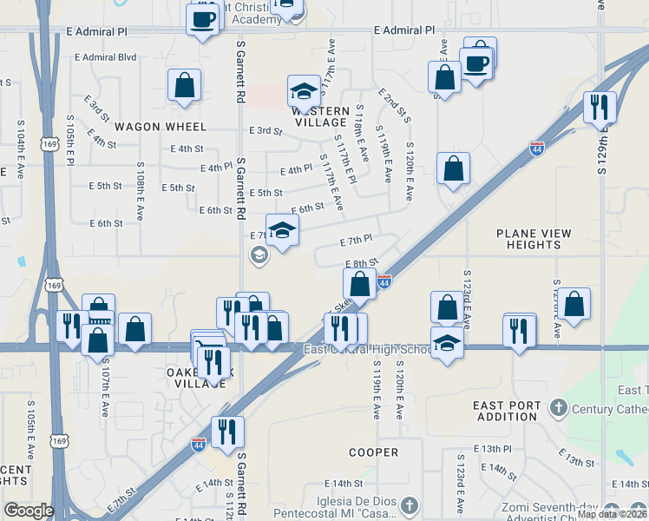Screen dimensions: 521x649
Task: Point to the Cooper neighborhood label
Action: pos(374,452)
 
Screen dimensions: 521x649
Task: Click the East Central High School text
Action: pos(366,350)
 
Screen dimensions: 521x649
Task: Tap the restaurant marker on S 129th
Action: pos(600,107)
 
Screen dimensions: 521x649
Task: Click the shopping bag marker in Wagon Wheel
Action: pos(184,85)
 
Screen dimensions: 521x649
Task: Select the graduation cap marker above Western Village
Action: pos(304,91)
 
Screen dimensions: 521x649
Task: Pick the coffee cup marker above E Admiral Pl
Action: pos(203,18)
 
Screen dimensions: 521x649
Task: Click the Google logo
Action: pos(29,511)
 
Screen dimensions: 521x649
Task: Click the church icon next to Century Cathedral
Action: pos(558,407)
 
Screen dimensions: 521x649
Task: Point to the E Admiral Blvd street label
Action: pos(106,57)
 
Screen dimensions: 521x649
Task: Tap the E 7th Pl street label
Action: pos(356,239)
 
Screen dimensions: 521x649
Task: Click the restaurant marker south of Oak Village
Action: pos(227,430)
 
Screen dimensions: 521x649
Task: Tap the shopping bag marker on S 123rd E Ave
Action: pos(446,307)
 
